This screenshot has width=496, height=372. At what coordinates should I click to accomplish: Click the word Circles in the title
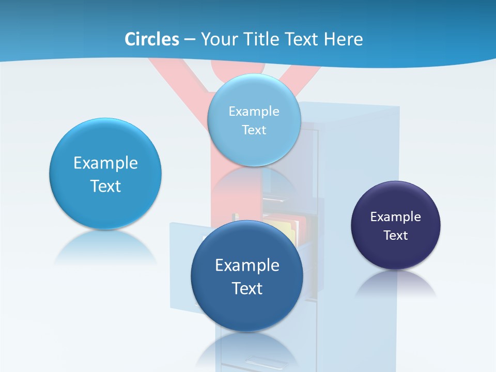coord(151,39)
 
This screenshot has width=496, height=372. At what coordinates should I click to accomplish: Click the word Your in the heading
coord(217,39)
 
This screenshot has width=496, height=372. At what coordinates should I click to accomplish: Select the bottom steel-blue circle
coord(247,310)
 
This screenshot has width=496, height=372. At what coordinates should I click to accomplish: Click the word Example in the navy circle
coord(396,217)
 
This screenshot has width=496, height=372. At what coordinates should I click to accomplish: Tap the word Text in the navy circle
coord(396,236)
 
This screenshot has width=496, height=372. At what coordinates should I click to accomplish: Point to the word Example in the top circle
coord(254,111)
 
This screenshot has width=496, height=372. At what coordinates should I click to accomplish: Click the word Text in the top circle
coord(254,130)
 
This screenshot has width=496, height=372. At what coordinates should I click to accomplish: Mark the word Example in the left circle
coord(105,163)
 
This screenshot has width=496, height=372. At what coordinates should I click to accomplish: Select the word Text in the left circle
coord(105,186)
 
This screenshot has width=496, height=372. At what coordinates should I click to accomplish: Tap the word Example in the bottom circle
coord(247,266)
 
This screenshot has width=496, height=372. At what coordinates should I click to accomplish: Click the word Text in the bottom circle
coord(247,288)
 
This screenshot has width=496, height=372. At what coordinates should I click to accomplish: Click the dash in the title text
coord(189,39)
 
